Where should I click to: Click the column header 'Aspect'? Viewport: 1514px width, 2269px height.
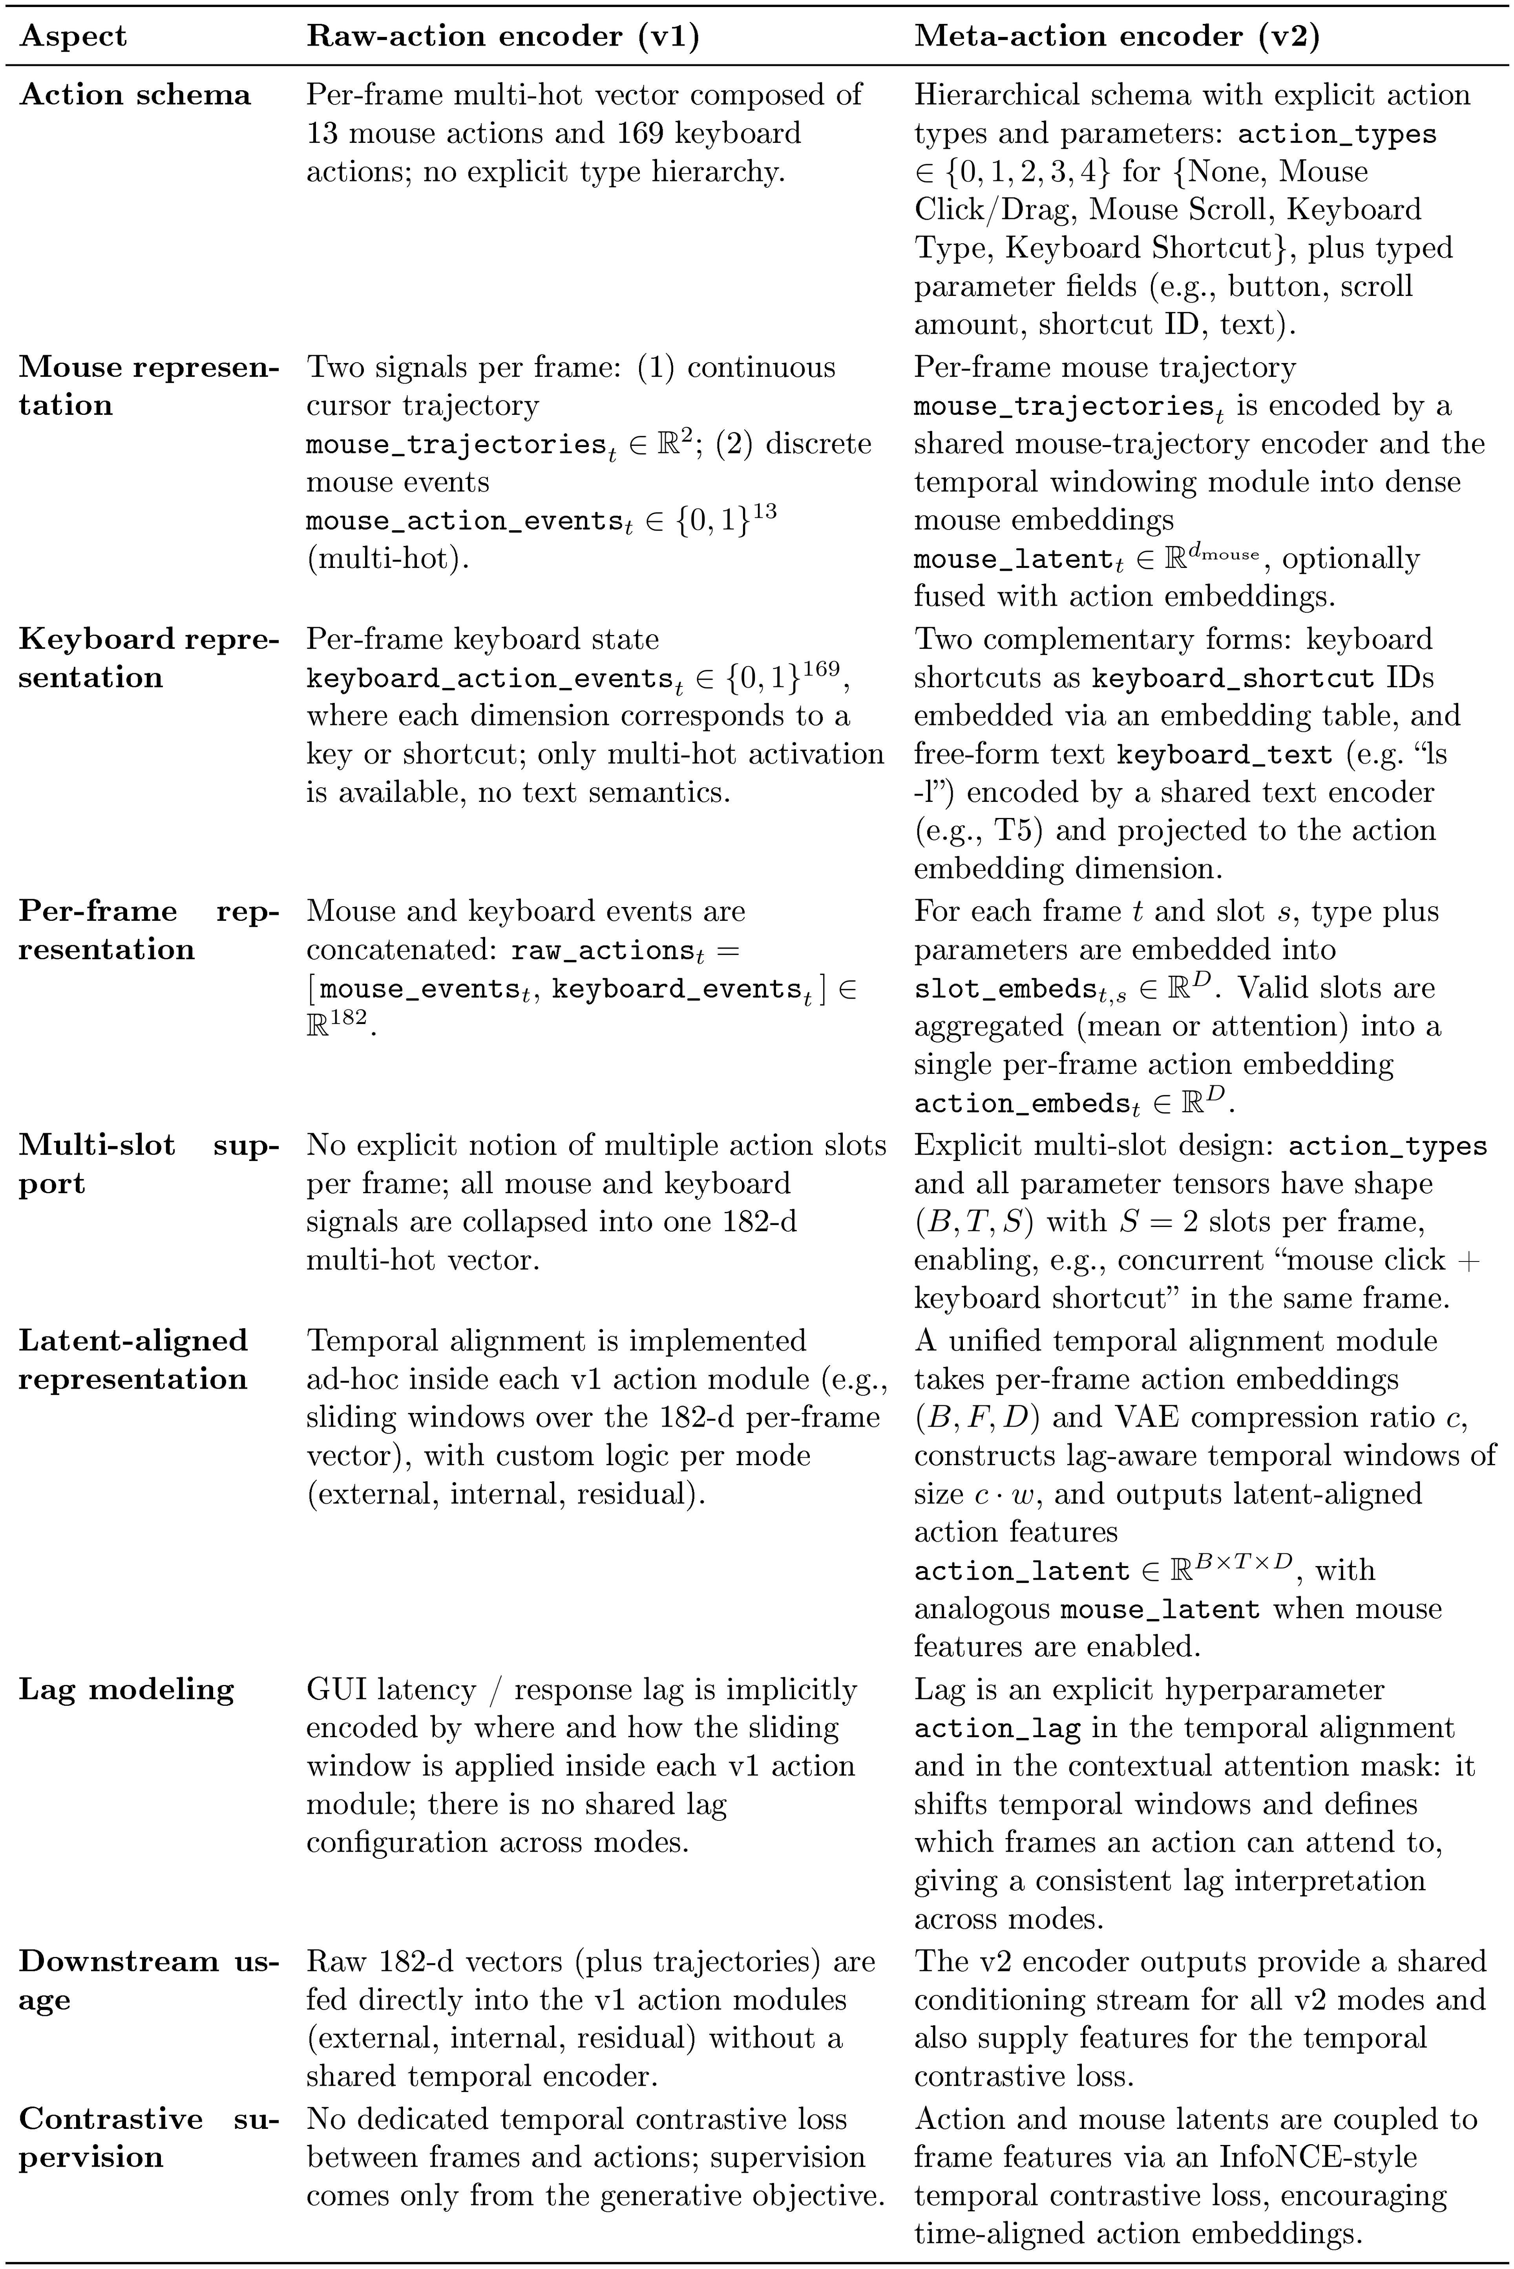pos(72,37)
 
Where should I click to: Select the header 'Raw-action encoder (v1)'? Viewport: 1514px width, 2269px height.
pos(502,37)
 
